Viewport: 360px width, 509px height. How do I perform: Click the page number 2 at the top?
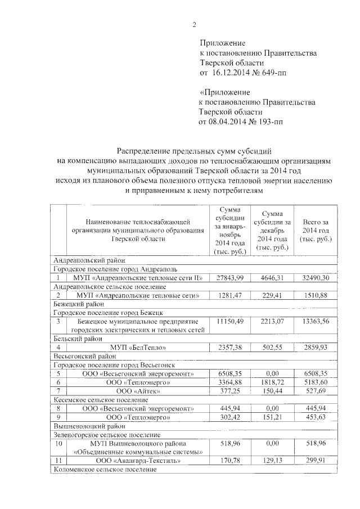click(x=194, y=25)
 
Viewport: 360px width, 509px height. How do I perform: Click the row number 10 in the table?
click(x=58, y=444)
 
